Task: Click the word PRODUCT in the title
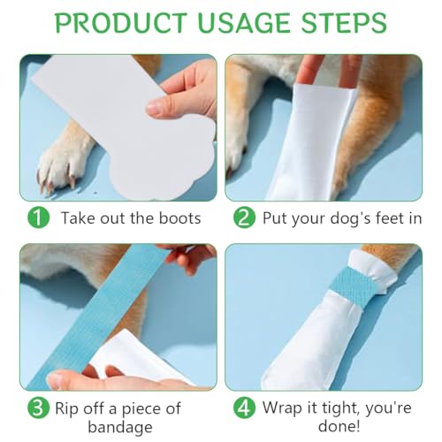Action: tap(121, 23)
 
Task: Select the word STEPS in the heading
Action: tap(344, 23)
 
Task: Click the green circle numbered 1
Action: tap(38, 217)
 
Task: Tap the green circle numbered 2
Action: tap(244, 217)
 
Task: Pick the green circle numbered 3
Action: tap(38, 408)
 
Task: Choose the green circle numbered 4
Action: tap(244, 408)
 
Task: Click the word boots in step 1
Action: tap(180, 218)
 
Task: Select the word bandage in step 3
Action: tap(120, 428)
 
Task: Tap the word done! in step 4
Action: tap(339, 426)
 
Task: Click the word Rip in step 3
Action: tap(66, 409)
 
